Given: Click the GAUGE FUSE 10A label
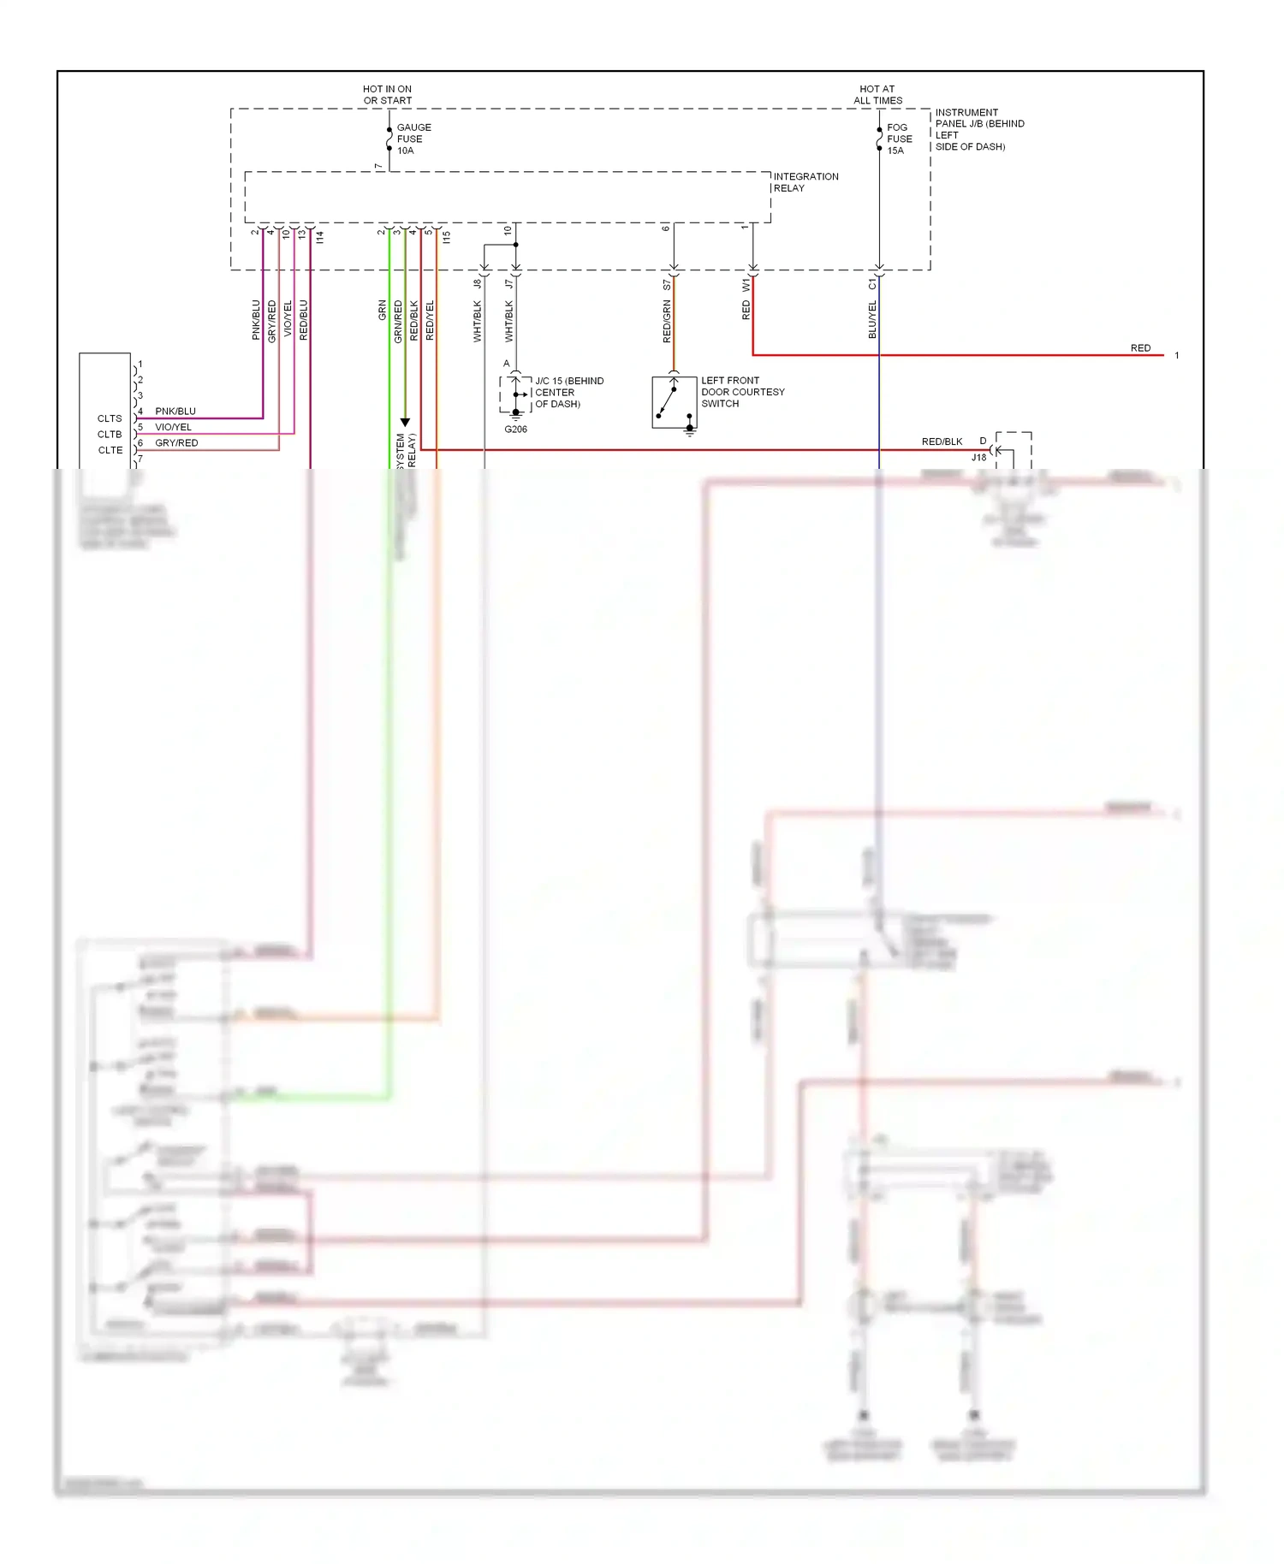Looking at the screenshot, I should pyautogui.click(x=413, y=139).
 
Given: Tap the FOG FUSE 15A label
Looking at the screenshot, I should pyautogui.click(x=899, y=139).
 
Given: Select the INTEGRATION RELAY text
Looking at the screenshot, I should pyautogui.click(x=805, y=182).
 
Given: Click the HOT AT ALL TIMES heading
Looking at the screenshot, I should pyautogui.click(x=877, y=94).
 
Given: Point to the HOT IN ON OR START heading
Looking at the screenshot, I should pyautogui.click(x=387, y=94).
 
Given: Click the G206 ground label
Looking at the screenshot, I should pyautogui.click(x=515, y=430).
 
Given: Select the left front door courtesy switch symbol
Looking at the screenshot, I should pyautogui.click(x=674, y=402).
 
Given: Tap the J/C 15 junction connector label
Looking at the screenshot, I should pyautogui.click(x=568, y=392).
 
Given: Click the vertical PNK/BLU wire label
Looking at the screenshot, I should pyautogui.click(x=256, y=320).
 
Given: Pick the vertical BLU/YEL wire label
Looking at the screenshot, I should pyautogui.click(x=872, y=320).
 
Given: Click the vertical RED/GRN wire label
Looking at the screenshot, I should pyautogui.click(x=667, y=322).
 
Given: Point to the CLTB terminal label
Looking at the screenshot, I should pyautogui.click(x=110, y=435).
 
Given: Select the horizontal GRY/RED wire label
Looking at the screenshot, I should pyautogui.click(x=176, y=443).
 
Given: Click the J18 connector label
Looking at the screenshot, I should pyautogui.click(x=978, y=458).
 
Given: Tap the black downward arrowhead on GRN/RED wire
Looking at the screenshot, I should pyautogui.click(x=405, y=423).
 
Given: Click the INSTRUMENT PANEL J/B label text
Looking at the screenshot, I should pyautogui.click(x=978, y=129).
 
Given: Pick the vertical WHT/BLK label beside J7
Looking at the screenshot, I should pyautogui.click(x=509, y=322).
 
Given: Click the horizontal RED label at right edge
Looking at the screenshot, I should pyautogui.click(x=1140, y=348).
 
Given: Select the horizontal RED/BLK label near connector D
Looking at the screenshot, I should pyautogui.click(x=942, y=441).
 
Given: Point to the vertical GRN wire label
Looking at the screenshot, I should pyautogui.click(x=382, y=311).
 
